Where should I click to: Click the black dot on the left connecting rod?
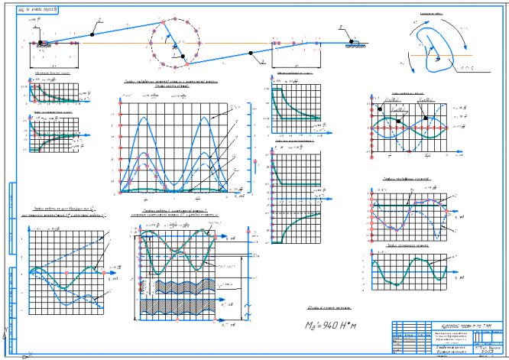point(92,33)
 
